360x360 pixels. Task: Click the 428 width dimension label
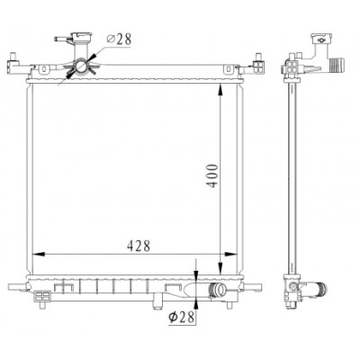coord(139,246)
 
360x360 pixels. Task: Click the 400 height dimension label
coord(212,175)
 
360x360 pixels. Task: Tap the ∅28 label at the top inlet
coord(119,40)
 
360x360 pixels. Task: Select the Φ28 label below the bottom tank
coord(181,317)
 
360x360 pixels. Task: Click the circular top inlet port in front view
coord(81,67)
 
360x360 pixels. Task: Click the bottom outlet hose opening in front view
coord(222,290)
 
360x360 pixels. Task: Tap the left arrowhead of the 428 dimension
coord(39,254)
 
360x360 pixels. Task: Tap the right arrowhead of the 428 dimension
coord(230,254)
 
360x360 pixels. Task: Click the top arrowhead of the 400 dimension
coord(220,90)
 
